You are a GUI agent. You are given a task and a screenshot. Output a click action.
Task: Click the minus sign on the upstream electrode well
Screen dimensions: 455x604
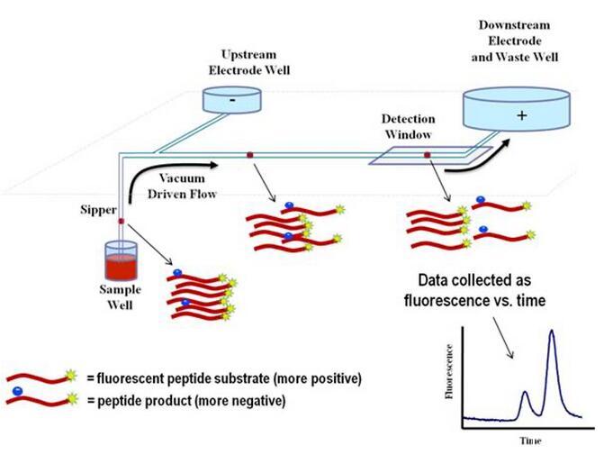click(233, 101)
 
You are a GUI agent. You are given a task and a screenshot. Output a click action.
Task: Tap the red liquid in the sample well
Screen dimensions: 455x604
click(120, 267)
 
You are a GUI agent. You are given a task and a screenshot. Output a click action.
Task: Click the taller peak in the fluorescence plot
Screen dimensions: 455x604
click(551, 334)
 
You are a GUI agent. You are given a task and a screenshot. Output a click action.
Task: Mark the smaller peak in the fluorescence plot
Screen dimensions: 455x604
click(526, 394)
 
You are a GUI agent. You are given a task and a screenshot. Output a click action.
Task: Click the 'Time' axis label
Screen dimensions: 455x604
click(527, 441)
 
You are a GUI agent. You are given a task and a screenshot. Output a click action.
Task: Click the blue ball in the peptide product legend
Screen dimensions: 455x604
click(17, 391)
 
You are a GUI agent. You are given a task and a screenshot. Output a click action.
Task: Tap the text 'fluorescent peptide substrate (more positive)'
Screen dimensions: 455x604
click(223, 378)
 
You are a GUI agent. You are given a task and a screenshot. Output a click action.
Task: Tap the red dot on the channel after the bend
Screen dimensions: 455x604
click(250, 157)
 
